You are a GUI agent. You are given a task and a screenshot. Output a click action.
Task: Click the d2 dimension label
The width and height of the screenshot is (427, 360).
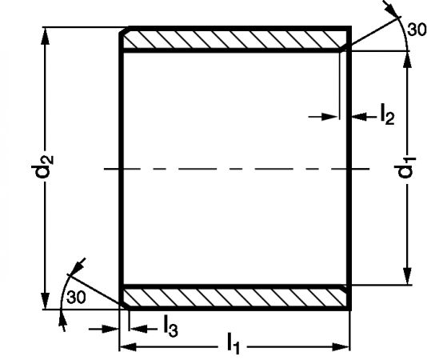[x=42, y=167]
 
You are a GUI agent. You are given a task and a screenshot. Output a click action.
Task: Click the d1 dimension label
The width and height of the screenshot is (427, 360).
[x=405, y=167]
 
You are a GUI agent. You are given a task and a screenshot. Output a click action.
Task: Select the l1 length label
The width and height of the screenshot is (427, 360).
[x=233, y=343]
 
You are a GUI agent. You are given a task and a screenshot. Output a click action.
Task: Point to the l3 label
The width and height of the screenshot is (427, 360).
[x=171, y=326]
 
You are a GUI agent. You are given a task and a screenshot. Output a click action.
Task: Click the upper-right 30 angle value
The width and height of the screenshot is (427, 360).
[x=417, y=30]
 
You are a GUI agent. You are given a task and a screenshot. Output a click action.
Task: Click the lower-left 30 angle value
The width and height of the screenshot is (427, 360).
[x=76, y=297]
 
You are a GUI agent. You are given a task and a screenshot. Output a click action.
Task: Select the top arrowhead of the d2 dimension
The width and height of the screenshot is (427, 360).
[x=46, y=36]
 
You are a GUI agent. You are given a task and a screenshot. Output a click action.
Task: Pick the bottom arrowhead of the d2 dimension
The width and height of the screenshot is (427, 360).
[x=46, y=301]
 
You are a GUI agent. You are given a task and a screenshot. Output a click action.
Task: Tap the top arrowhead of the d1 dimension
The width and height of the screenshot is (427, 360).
[x=407, y=60]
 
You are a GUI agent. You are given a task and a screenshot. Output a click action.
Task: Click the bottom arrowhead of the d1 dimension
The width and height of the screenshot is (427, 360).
[x=407, y=276]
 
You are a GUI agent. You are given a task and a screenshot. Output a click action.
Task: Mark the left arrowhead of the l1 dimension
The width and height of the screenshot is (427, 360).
[x=128, y=347]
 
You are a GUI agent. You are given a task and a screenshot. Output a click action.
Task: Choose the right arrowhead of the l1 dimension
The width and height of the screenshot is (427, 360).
[x=341, y=347]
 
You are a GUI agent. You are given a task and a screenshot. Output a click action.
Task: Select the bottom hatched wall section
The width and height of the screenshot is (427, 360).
[x=235, y=298]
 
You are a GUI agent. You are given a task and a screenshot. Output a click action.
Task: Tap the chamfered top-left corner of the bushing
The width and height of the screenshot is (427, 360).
[x=124, y=30]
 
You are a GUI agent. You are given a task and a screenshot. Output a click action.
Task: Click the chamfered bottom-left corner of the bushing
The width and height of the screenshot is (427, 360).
[x=124, y=306]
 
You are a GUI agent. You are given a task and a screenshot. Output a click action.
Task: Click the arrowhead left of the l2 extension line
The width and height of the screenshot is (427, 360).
[x=329, y=117]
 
